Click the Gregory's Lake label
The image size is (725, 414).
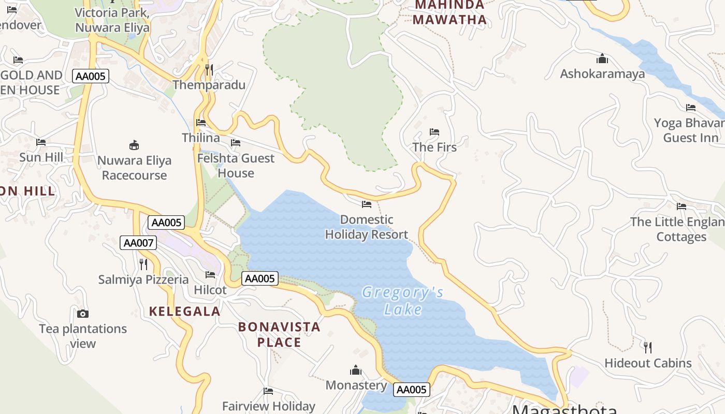click(x=402, y=301)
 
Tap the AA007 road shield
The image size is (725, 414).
click(x=138, y=243)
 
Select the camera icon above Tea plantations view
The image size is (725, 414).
click(x=82, y=314)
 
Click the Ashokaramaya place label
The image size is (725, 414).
click(x=602, y=73)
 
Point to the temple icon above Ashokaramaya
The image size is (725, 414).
click(x=602, y=58)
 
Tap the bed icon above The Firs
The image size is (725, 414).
click(x=434, y=132)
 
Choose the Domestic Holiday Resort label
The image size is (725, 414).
click(x=366, y=227)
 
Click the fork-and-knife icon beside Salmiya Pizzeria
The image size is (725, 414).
click(x=143, y=264)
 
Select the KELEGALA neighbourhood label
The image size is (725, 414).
click(x=185, y=312)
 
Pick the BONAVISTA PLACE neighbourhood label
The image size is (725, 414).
click(x=279, y=334)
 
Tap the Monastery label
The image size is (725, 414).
click(x=356, y=385)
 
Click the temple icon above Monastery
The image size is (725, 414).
click(x=355, y=370)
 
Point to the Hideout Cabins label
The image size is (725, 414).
click(x=648, y=363)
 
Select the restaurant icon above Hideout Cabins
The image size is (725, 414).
click(x=647, y=347)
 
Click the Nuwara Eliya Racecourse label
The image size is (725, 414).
click(x=134, y=168)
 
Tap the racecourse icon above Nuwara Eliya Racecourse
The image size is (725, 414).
click(x=134, y=145)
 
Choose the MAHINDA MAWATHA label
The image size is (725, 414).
click(x=450, y=12)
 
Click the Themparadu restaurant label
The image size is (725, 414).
click(x=209, y=85)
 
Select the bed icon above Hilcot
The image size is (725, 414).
click(x=210, y=274)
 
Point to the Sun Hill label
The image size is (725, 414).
click(x=41, y=157)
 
